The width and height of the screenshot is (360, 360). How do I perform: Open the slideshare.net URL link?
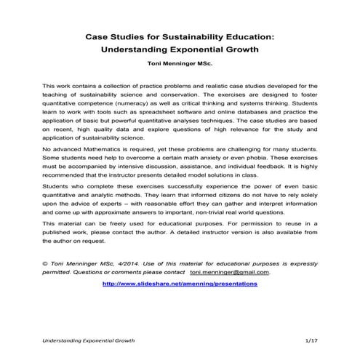[180, 284]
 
